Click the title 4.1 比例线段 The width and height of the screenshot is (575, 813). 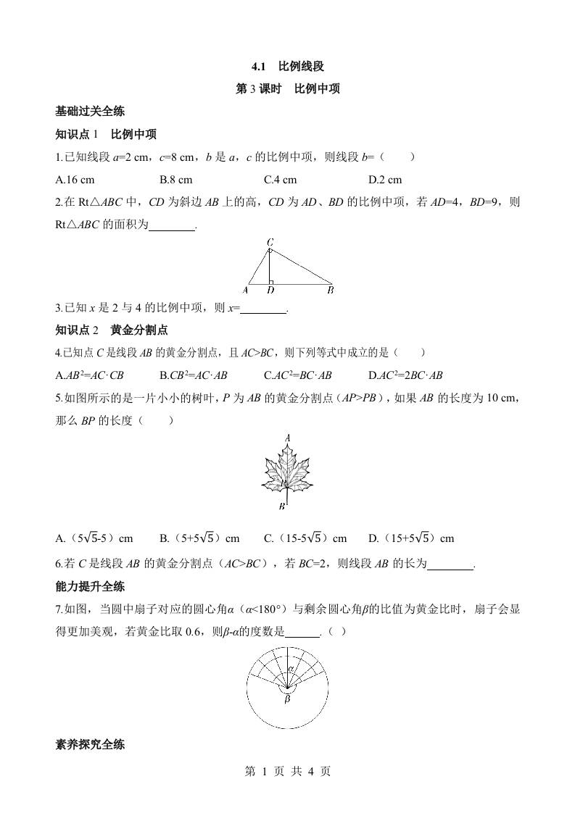[287, 67]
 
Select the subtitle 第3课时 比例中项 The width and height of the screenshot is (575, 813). [287, 89]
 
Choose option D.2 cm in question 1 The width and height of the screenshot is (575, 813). [384, 180]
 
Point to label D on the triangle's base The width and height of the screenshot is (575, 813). [270, 291]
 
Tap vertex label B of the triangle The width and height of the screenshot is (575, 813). [330, 291]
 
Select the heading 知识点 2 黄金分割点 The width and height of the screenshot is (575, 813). [112, 330]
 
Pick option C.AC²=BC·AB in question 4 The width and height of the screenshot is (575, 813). [298, 375]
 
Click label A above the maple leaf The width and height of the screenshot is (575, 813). [288, 438]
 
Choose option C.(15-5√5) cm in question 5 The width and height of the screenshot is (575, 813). [305, 538]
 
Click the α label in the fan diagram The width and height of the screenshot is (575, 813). [289, 667]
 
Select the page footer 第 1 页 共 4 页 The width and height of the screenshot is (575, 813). [287, 772]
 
